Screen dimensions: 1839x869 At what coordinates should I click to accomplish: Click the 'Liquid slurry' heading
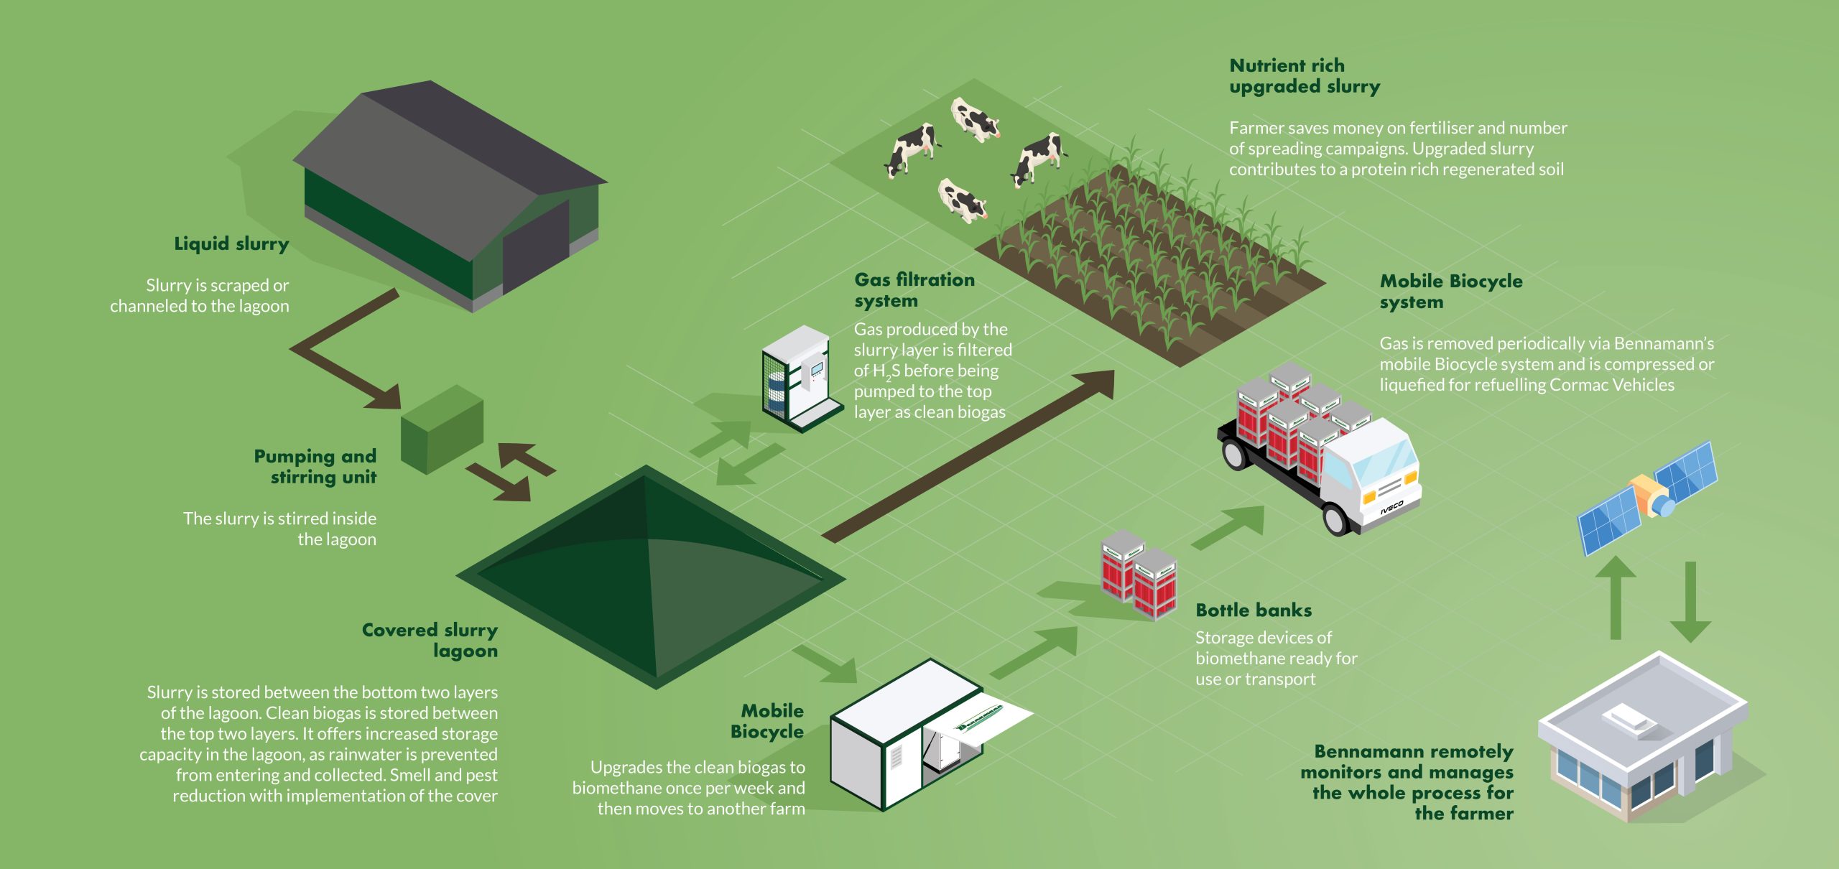[231, 244]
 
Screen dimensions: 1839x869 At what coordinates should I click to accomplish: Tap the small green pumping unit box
[442, 429]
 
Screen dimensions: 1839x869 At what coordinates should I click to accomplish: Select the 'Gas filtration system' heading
[914, 290]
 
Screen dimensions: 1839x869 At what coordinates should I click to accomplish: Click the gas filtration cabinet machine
[802, 378]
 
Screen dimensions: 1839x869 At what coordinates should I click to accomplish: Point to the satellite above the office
[1647, 497]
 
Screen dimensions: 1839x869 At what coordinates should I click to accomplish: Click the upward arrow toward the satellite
[1616, 598]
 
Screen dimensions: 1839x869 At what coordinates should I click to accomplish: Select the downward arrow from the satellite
[1690, 602]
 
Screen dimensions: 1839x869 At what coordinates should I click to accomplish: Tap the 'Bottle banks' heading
[1254, 610]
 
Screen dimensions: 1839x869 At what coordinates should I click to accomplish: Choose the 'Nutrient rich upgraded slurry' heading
[1305, 76]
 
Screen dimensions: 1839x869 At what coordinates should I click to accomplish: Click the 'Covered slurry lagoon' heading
[430, 641]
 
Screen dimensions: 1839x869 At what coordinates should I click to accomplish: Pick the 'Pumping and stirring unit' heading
[315, 467]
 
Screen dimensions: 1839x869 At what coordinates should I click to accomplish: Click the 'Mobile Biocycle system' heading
[1451, 292]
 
